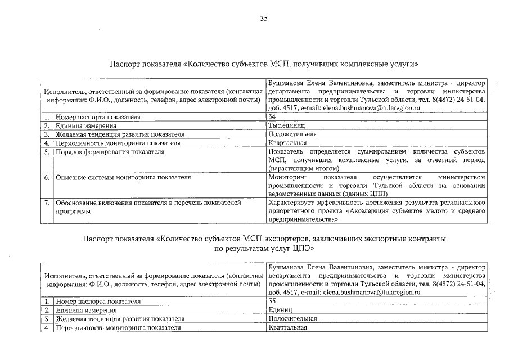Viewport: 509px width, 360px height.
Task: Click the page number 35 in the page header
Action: point(263,19)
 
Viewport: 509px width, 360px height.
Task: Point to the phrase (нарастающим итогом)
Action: point(304,168)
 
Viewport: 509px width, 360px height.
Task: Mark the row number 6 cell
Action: point(48,177)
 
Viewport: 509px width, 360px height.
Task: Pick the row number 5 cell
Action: point(48,152)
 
